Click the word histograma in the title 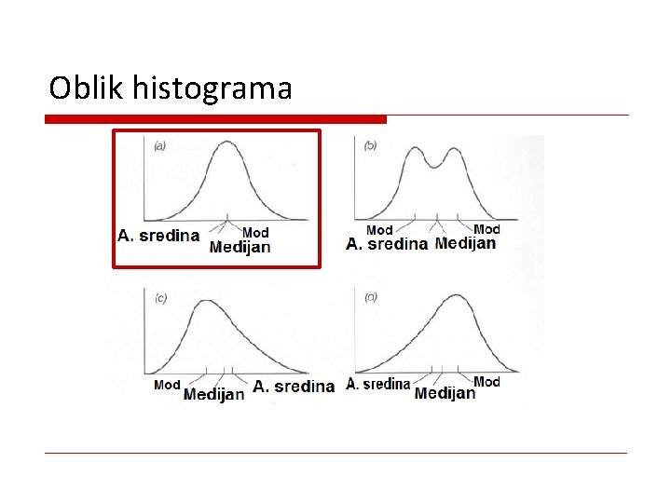[213, 89]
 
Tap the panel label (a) [160, 145]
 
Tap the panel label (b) [370, 145]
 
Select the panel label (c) [160, 298]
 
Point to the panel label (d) [371, 298]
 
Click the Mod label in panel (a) [255, 232]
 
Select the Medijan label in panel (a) [240, 247]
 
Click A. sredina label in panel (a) [158, 236]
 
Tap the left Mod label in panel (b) [379, 229]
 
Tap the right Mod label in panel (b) [486, 229]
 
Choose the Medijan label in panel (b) [465, 243]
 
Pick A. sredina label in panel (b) [387, 244]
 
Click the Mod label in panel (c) [167, 384]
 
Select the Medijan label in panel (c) [214, 394]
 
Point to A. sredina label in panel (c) [294, 386]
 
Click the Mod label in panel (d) [486, 382]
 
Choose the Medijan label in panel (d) [445, 393]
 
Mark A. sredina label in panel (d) [377, 384]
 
